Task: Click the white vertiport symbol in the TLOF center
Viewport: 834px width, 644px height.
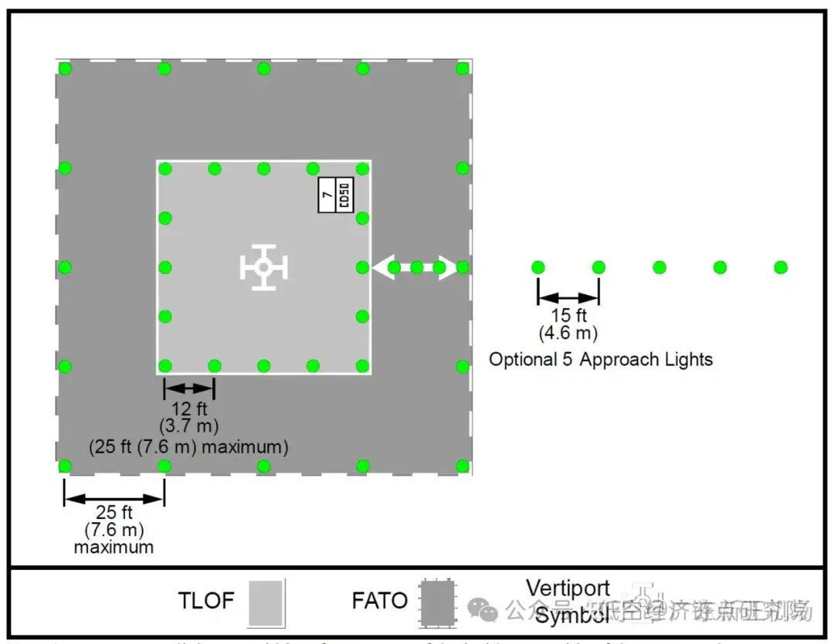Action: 263,267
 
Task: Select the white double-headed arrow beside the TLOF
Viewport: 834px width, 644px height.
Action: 415,267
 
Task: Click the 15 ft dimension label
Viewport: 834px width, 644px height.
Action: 568,316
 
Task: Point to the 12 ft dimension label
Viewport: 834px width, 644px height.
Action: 188,408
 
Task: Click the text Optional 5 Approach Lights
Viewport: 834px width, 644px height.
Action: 601,359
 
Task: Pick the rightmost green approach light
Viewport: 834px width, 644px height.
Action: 781,267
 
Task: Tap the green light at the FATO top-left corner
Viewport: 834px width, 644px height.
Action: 65,69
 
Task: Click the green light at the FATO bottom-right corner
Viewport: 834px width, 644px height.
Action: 463,466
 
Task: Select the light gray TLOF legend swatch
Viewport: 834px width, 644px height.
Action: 266,602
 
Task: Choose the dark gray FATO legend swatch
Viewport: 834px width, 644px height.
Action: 437,602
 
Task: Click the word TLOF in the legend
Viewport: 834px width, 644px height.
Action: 206,601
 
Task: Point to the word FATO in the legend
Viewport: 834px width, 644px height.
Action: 379,601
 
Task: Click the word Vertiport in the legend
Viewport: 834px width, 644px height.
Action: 568,588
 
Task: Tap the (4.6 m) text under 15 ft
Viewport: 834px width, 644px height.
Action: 568,333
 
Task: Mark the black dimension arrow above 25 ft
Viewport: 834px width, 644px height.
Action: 114,498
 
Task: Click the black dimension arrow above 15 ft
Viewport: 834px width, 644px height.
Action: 568,297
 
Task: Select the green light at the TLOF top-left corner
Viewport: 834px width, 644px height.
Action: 164,168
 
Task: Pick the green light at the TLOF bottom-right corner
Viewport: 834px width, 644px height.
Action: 362,366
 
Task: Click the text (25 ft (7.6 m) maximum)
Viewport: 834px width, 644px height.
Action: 188,446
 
